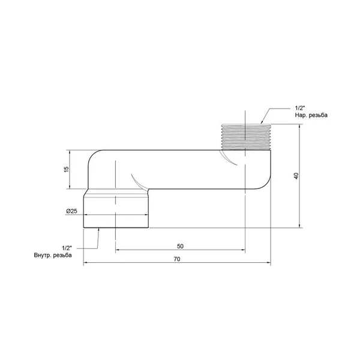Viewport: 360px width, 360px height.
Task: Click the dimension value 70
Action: click(177, 259)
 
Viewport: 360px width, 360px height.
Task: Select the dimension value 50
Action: click(180, 247)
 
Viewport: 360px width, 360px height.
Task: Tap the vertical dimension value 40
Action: click(296, 176)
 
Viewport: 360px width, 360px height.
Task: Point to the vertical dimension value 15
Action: click(66, 169)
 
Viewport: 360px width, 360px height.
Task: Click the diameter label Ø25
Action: click(71, 211)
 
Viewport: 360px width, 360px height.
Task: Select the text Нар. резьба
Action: click(311, 115)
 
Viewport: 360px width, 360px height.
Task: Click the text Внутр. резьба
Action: click(53, 255)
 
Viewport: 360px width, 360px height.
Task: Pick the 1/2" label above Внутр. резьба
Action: click(67, 248)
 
